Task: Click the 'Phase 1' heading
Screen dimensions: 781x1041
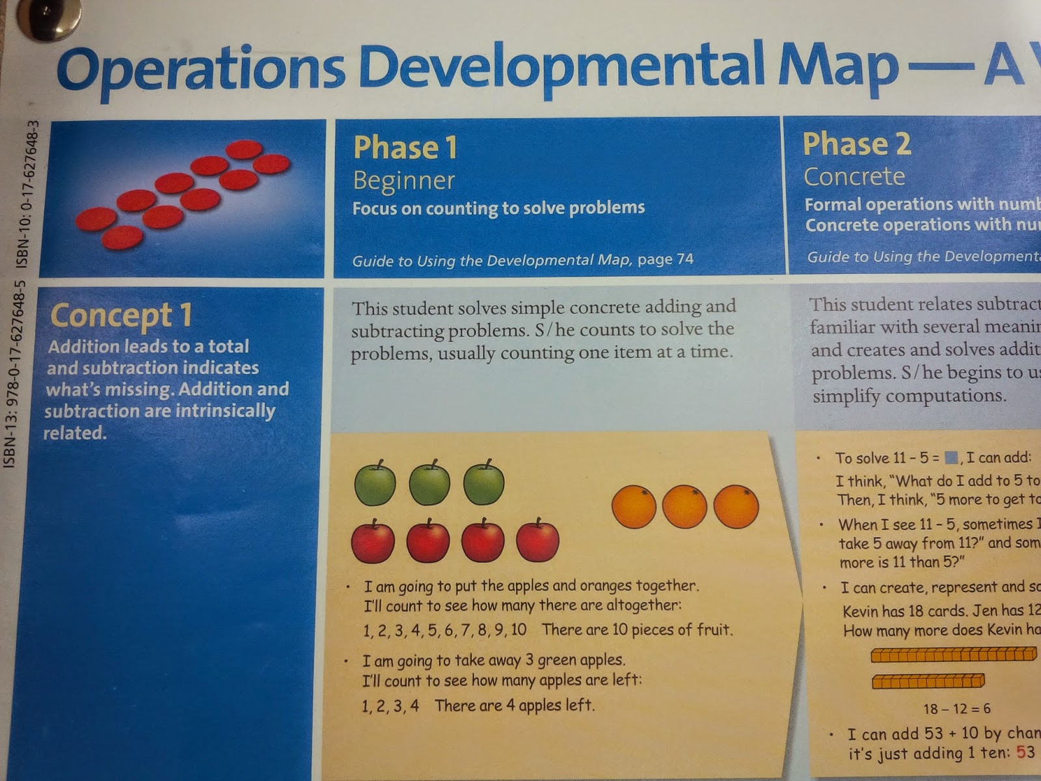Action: click(405, 147)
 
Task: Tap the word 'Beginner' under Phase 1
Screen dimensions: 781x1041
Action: click(404, 180)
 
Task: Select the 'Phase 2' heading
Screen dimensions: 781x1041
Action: click(856, 144)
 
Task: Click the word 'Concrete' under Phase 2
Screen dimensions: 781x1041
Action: click(854, 176)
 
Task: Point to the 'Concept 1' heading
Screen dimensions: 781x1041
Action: click(122, 315)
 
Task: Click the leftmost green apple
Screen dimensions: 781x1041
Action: click(375, 484)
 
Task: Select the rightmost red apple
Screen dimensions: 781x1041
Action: click(537, 541)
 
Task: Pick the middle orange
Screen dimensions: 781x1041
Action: click(684, 506)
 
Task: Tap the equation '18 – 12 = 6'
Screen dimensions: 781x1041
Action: click(956, 709)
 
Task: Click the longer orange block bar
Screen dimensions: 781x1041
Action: click(953, 654)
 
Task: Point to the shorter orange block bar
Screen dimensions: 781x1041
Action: click(928, 681)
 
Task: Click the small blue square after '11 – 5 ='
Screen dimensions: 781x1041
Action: click(951, 458)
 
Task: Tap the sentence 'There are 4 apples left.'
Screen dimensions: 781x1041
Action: click(514, 706)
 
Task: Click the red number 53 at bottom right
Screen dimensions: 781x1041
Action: click(1025, 752)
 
